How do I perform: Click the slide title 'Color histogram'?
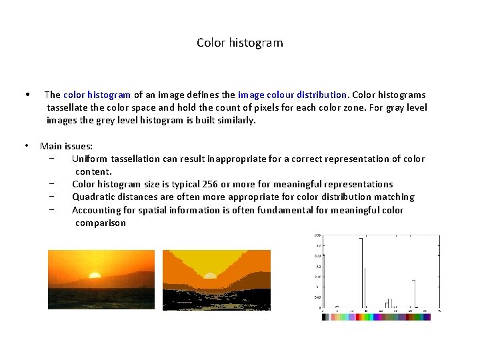(239, 43)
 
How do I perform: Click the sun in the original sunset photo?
(95, 275)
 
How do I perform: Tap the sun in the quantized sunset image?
(210, 275)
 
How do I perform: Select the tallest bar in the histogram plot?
(361, 273)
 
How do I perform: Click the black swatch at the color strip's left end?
(325, 317)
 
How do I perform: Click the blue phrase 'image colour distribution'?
(293, 95)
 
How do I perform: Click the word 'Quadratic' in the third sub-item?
(93, 197)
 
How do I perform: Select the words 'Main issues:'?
(67, 146)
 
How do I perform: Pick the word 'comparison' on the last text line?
(101, 223)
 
